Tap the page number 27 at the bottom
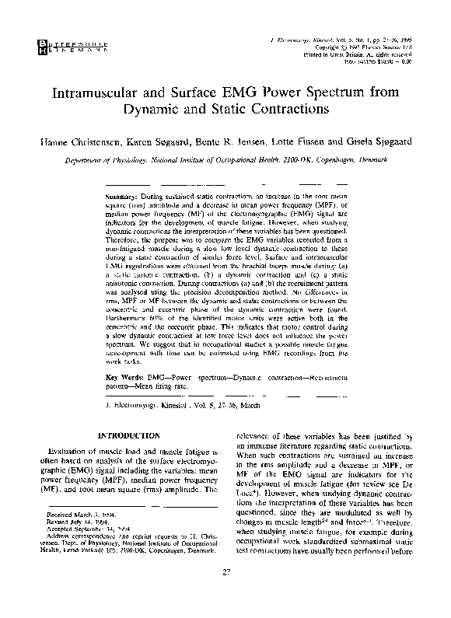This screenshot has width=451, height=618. (x=226, y=595)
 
